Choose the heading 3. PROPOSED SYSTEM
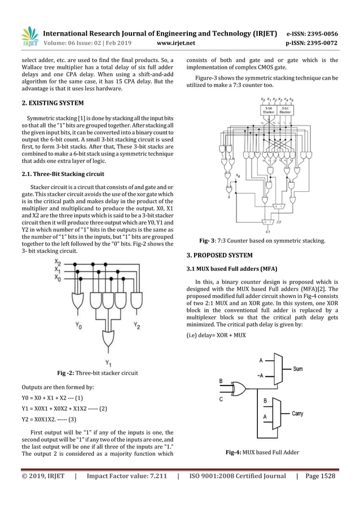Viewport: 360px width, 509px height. click(219, 255)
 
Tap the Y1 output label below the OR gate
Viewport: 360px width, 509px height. click(108, 362)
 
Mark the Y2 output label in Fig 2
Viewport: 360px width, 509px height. click(137, 326)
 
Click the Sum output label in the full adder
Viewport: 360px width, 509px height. click(298, 368)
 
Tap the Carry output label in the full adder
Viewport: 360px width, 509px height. click(297, 413)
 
